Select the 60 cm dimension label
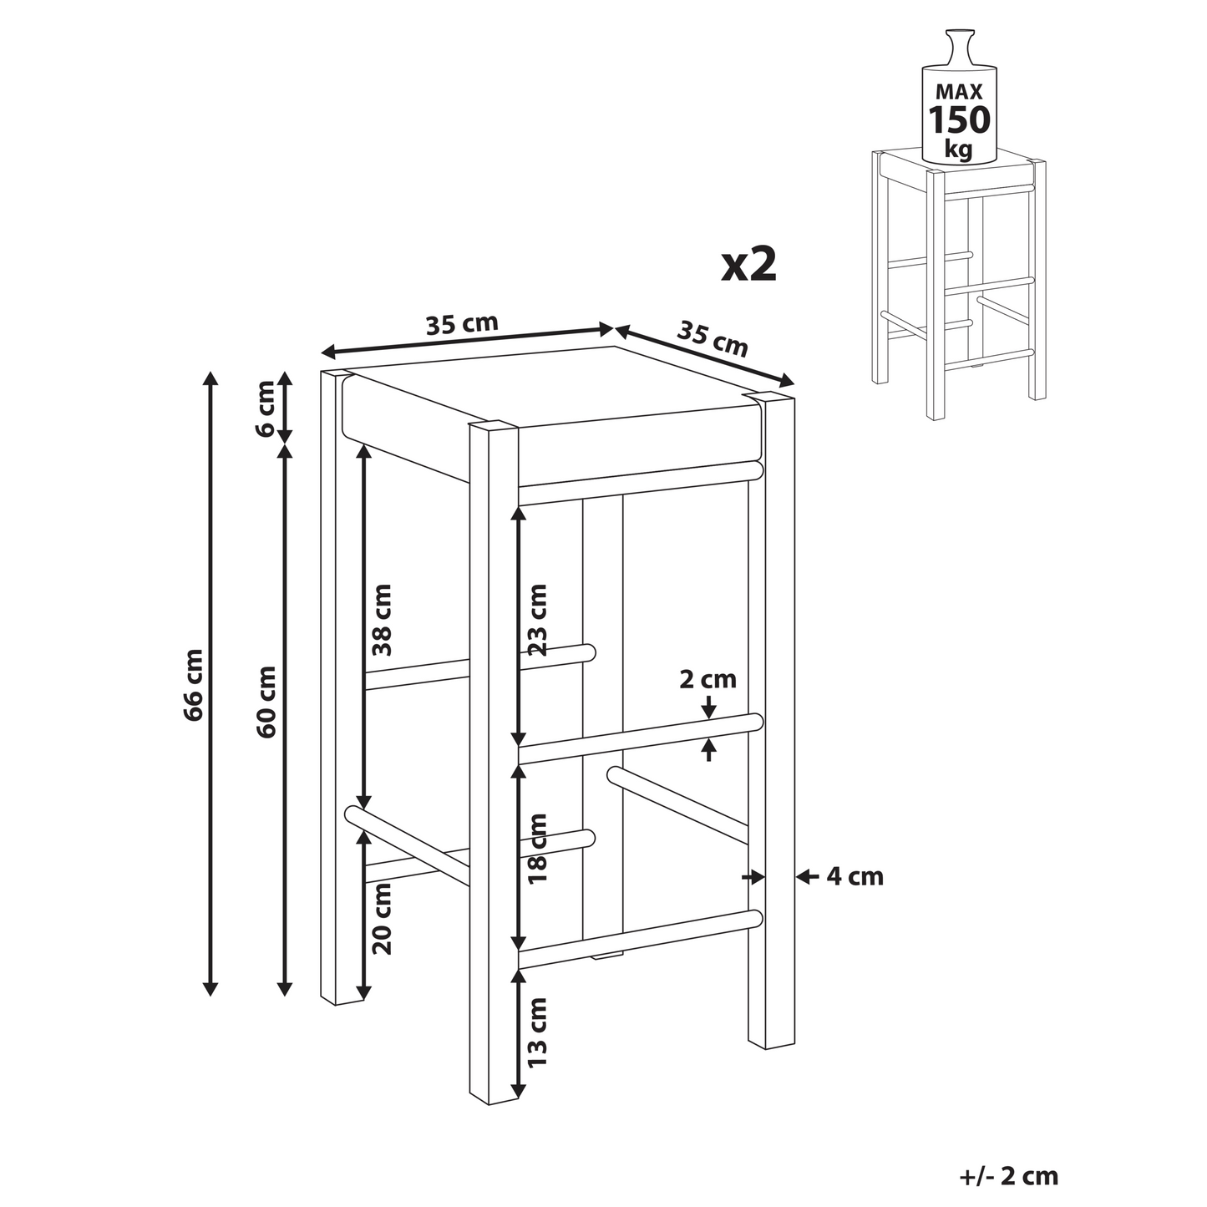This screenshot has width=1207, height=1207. pyautogui.click(x=266, y=702)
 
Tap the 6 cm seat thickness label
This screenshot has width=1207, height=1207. pyautogui.click(x=266, y=408)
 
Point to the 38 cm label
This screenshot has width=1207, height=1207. pyautogui.click(x=382, y=620)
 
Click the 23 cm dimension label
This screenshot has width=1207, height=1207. pyautogui.click(x=538, y=620)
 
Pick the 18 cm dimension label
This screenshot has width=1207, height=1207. pyautogui.click(x=538, y=848)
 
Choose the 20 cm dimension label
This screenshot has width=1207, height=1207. pyautogui.click(x=382, y=919)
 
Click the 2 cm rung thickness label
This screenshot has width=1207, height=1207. pyautogui.click(x=707, y=680)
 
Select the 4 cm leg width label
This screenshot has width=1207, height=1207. pyautogui.click(x=855, y=877)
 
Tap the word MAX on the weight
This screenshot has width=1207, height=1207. pyautogui.click(x=959, y=92)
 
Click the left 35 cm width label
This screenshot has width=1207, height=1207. pyautogui.click(x=462, y=324)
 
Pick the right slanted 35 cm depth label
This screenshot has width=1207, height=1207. pyautogui.click(x=713, y=339)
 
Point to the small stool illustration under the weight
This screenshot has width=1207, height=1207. pyautogui.click(x=959, y=285)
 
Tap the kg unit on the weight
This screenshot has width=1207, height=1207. pyautogui.click(x=959, y=150)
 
